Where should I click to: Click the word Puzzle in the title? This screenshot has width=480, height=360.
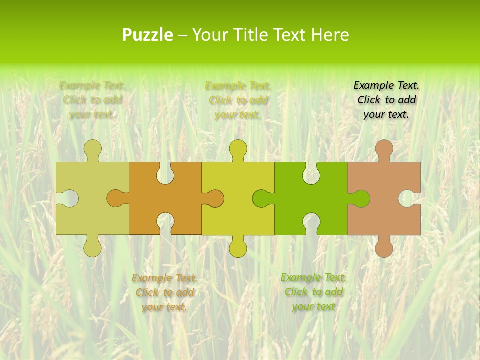point(148,35)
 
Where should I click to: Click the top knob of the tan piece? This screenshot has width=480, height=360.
point(384,149)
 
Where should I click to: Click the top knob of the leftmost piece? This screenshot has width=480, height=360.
point(92,149)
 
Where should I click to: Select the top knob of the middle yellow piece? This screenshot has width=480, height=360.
point(238,149)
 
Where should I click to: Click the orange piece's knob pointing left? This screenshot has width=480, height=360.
point(116,198)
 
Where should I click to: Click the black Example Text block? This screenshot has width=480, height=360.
point(386,100)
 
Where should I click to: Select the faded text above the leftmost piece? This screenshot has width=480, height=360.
point(92,100)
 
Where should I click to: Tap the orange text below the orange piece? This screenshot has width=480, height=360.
point(164,292)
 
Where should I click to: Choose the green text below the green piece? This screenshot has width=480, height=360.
point(313,292)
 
